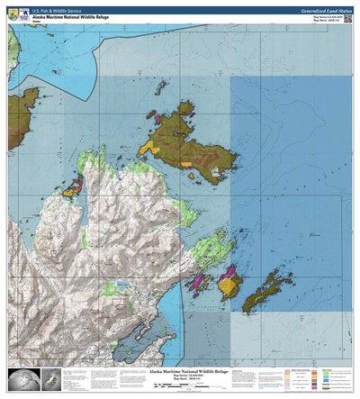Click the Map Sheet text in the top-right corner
pos(328,21)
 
